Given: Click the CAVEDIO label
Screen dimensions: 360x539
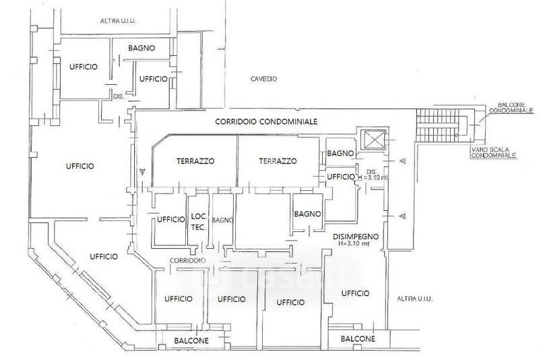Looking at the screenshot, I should [264, 78].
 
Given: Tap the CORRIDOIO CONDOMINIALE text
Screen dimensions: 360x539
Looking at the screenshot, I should [266, 121].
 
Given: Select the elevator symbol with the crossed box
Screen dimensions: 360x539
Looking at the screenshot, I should [372, 140].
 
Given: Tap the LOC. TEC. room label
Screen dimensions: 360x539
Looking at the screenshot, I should [198, 222].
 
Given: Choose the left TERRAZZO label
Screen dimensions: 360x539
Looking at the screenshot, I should [195, 161].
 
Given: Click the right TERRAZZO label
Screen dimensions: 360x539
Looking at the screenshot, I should [278, 161].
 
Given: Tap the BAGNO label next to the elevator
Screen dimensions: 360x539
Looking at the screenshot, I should [340, 154].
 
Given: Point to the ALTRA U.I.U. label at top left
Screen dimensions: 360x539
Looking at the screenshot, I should [118, 21].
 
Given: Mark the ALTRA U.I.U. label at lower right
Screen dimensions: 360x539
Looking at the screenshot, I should [415, 298].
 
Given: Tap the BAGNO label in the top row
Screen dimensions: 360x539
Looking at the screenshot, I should [142, 48].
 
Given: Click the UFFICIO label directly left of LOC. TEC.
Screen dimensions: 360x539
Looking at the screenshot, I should [170, 219].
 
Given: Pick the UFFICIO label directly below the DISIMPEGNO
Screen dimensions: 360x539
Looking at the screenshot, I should [356, 293].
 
